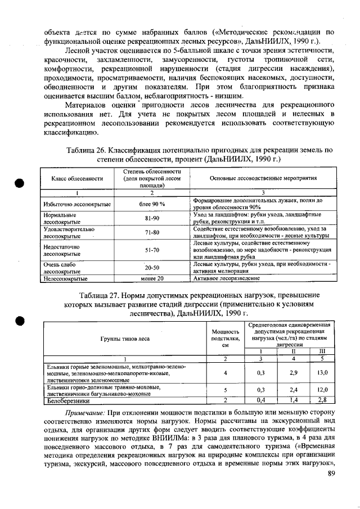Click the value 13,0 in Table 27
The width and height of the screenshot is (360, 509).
point(323,372)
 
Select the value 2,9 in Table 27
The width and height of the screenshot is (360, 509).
point(292,372)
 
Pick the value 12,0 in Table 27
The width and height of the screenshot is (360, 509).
point(323,390)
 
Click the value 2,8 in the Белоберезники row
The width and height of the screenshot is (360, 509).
point(323,400)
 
